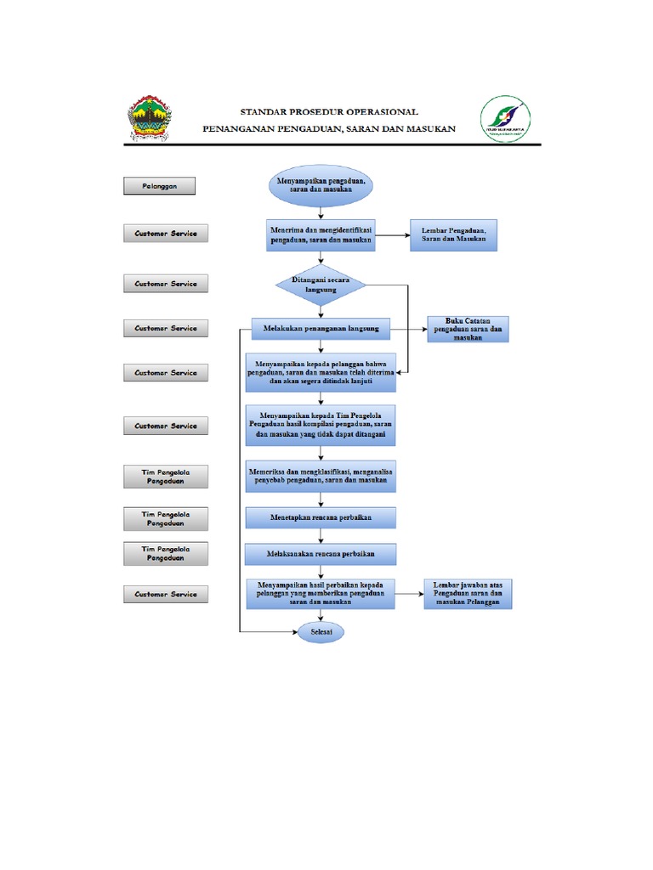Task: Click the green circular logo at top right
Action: click(x=505, y=118)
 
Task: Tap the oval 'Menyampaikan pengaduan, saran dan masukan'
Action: click(x=321, y=186)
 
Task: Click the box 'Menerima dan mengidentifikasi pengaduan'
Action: click(x=321, y=234)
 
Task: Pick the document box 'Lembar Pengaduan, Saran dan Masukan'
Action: click(x=453, y=234)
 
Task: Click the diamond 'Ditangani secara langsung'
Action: click(x=321, y=285)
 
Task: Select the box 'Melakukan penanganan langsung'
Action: click(x=321, y=328)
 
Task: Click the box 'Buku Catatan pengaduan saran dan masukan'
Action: click(x=468, y=329)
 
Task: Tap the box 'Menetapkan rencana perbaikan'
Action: click(x=321, y=517)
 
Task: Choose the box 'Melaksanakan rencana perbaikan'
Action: click(x=321, y=554)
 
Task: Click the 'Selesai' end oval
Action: click(x=321, y=633)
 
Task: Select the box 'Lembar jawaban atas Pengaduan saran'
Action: click(x=467, y=594)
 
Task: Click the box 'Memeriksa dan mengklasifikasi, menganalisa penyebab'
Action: click(x=321, y=476)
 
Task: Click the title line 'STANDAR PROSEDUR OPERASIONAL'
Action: click(x=329, y=110)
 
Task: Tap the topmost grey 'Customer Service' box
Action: click(x=166, y=234)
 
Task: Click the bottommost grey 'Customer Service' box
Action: click(x=166, y=595)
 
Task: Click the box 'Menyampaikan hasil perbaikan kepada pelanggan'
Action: click(x=321, y=594)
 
